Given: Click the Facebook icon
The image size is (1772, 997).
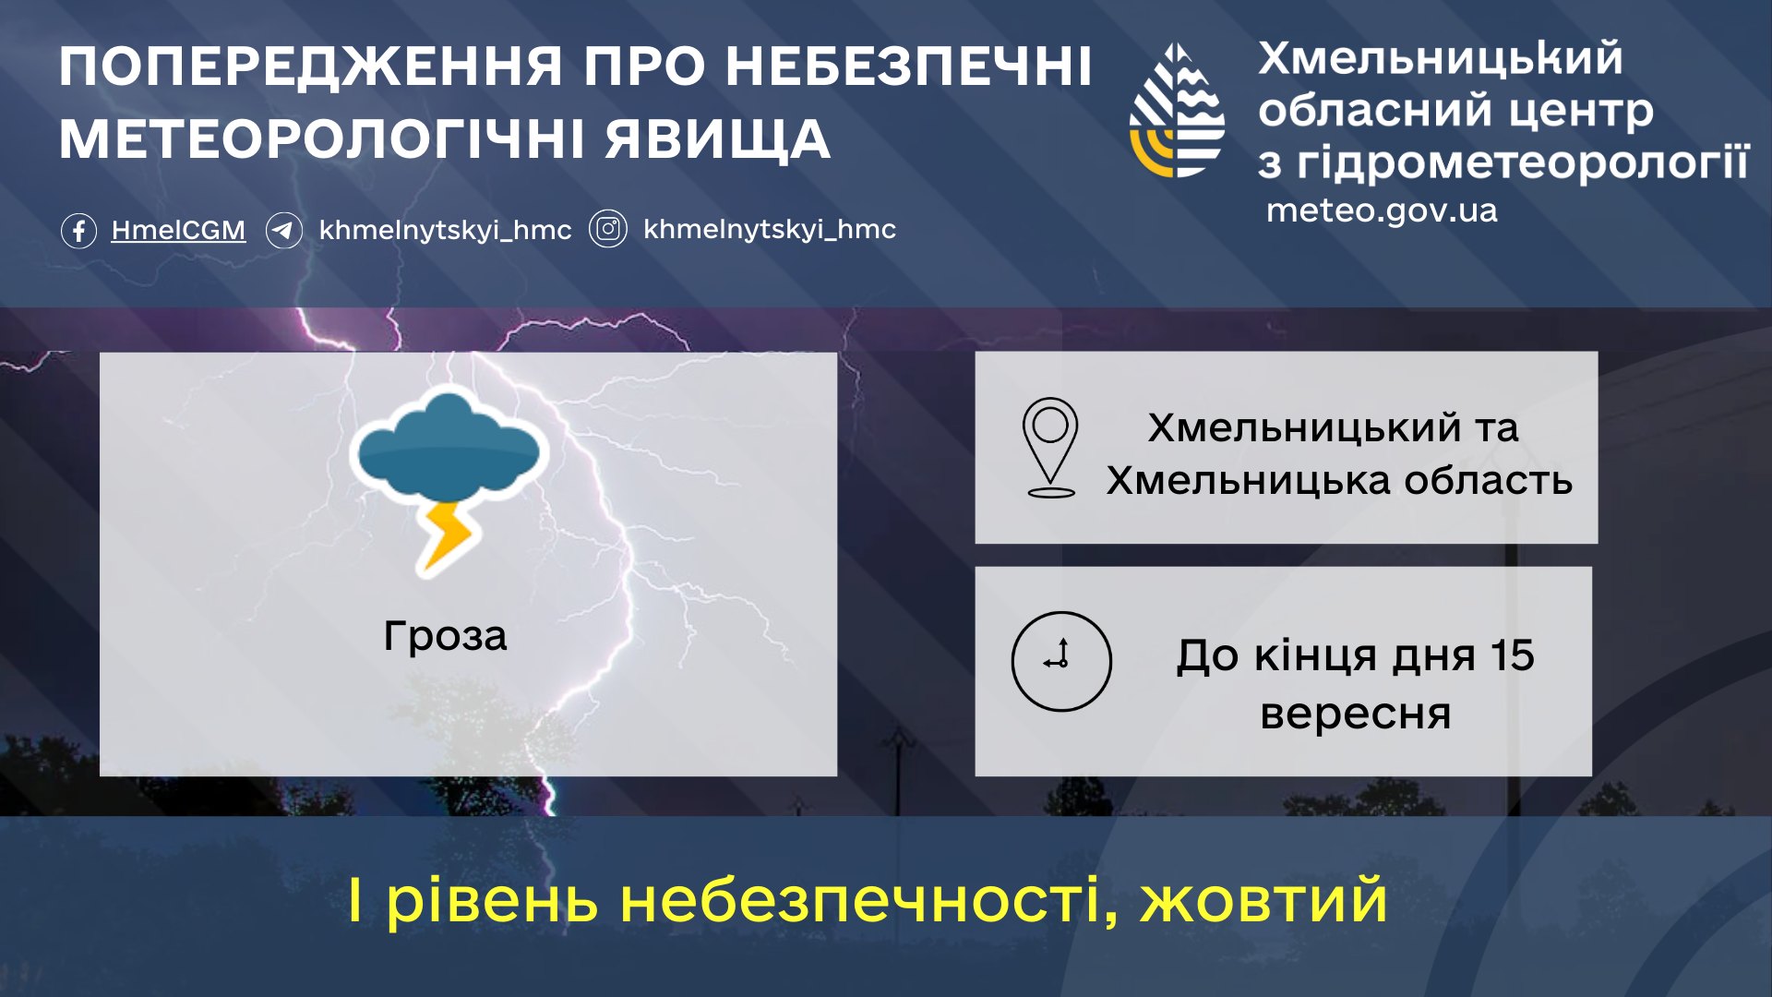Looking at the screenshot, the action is (x=78, y=230).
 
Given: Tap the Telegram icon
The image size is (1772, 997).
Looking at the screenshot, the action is (x=283, y=230).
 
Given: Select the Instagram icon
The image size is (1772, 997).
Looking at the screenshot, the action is (x=608, y=229).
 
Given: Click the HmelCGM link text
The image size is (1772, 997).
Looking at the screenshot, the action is (x=178, y=230).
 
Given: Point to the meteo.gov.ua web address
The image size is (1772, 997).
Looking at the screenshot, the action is (x=1382, y=210).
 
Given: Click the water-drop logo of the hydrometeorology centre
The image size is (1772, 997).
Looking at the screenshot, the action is (x=1178, y=111).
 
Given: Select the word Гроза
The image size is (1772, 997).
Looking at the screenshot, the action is (x=445, y=636).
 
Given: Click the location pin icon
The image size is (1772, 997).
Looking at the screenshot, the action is (x=1050, y=448).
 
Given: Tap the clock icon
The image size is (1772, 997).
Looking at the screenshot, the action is (x=1061, y=661).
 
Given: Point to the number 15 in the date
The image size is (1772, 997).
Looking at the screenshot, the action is (x=1512, y=655).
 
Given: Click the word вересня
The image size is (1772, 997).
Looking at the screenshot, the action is (x=1356, y=715).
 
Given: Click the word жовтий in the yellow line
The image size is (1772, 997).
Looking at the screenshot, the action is (x=1263, y=901).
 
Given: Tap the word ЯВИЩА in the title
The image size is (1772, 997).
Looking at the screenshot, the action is (x=718, y=140).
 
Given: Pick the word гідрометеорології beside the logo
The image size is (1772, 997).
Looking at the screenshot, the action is (x=1523, y=164).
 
